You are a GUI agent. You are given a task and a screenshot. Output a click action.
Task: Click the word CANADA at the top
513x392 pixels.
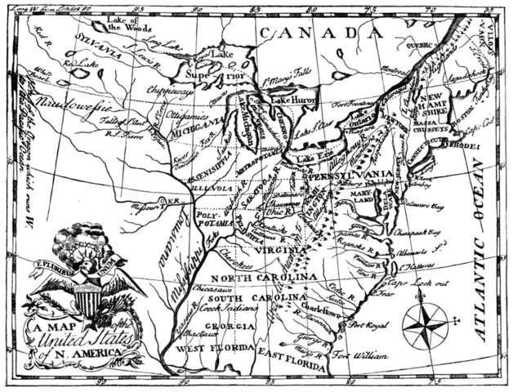coord(319,33)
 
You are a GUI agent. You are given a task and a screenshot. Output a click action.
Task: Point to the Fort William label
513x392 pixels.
coord(358,354)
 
